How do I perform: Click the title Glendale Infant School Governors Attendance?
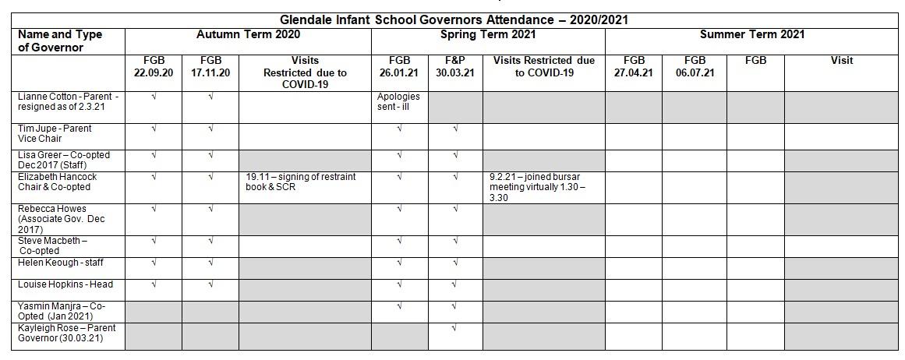point(454,19)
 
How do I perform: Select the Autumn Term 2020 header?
point(248,34)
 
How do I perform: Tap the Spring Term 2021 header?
point(488,34)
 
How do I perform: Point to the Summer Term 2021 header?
point(752,34)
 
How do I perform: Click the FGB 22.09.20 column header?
point(154,66)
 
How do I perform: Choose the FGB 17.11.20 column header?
point(210,66)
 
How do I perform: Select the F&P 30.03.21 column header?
point(455,66)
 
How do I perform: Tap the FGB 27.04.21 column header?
point(634,66)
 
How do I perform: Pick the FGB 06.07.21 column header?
point(695,66)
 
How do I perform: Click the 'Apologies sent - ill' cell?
point(398,102)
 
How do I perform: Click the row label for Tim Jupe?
point(55,133)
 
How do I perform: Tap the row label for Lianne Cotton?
point(68,102)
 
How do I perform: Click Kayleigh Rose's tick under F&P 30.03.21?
point(455,328)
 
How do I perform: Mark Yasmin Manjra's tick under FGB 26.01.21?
point(399,305)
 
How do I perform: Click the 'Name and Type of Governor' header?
point(60,41)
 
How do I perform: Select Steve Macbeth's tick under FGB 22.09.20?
point(154,241)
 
